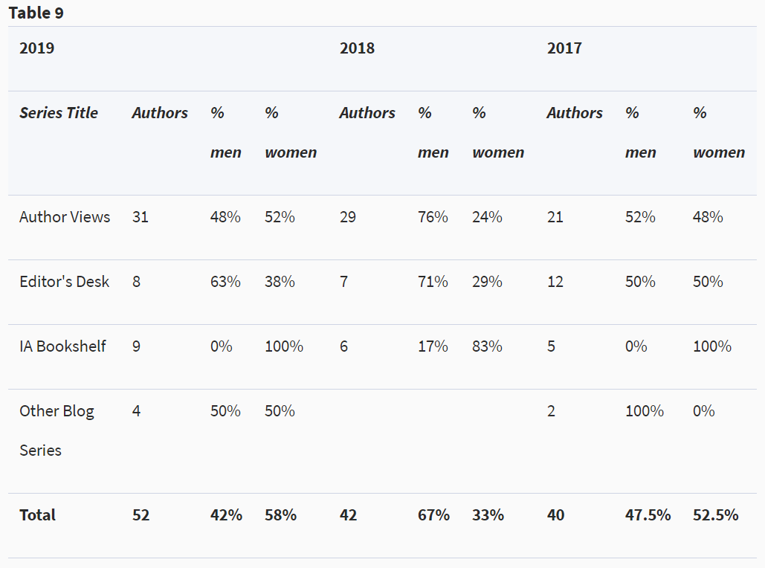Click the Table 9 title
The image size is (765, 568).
click(36, 13)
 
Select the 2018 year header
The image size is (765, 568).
click(357, 48)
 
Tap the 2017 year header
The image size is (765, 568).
click(564, 48)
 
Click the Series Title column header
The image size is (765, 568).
click(59, 113)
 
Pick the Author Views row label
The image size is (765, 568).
click(65, 217)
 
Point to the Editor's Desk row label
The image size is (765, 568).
click(64, 282)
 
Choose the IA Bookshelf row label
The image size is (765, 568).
click(62, 346)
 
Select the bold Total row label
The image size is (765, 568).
click(37, 515)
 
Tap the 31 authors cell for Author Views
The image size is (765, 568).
click(140, 217)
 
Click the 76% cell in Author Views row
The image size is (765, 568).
click(433, 217)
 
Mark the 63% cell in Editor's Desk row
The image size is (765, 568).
click(225, 282)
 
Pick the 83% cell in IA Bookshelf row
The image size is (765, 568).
click(487, 346)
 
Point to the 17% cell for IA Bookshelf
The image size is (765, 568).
click(433, 346)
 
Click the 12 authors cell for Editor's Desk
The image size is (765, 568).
click(555, 282)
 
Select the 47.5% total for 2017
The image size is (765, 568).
click(648, 515)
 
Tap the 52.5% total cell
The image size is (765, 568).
click(716, 515)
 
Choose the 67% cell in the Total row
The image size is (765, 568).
click(433, 515)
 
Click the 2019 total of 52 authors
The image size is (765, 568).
click(141, 515)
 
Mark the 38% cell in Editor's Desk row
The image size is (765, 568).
click(280, 282)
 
